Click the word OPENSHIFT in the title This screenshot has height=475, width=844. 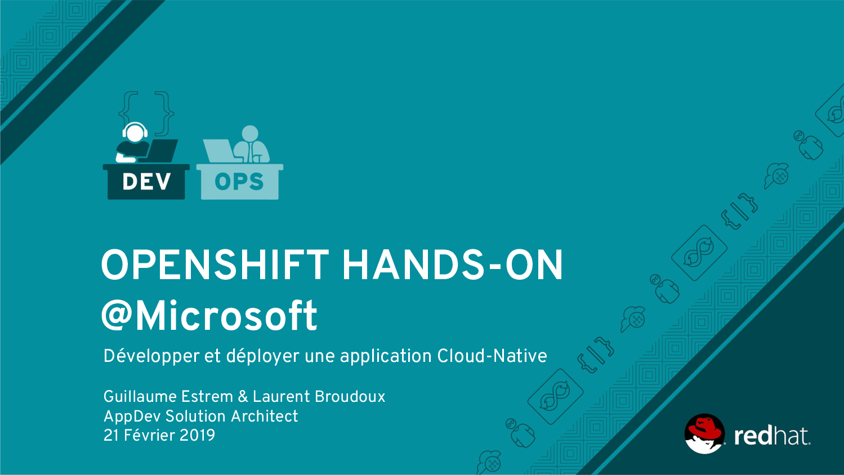tap(215, 265)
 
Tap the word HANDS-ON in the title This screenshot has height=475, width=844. tap(452, 265)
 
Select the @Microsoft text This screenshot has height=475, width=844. tap(209, 316)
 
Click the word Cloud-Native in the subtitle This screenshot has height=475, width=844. tap(492, 356)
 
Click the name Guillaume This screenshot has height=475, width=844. tap(140, 397)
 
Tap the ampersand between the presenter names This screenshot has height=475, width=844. tap(243, 397)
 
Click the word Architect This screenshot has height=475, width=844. tap(264, 416)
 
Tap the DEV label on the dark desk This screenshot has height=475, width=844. tap(146, 182)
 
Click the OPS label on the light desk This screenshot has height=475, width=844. tap(239, 182)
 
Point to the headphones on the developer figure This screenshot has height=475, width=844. tap(135, 128)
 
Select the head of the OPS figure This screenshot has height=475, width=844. tap(250, 133)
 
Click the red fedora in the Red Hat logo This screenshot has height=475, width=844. tap(704, 428)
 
